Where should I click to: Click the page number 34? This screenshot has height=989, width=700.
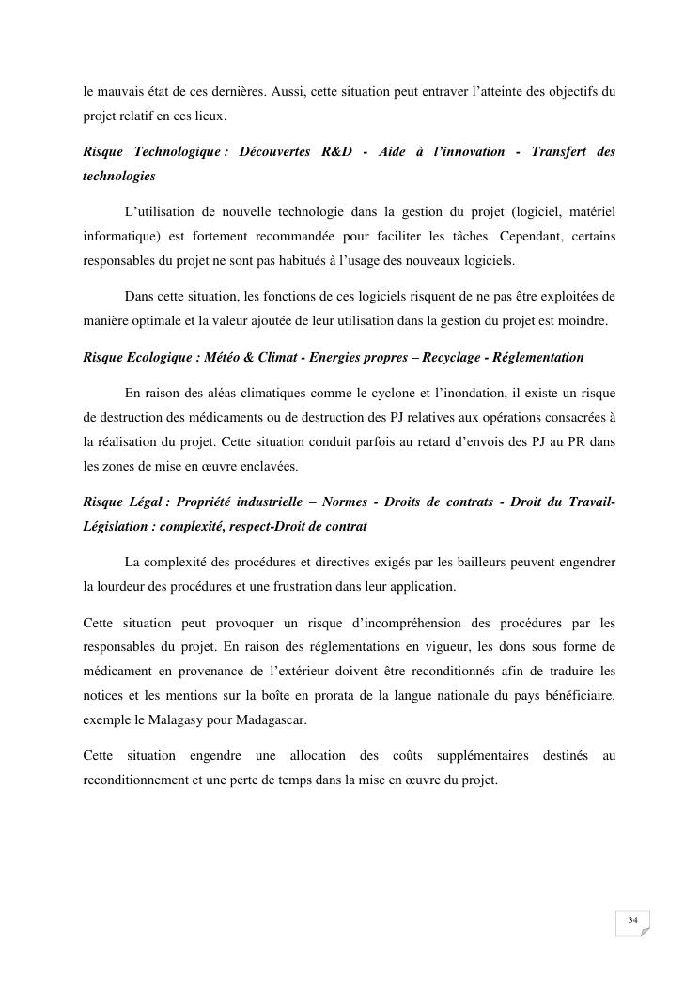pos(632,920)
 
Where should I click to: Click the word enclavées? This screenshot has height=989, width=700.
pos(293,467)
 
